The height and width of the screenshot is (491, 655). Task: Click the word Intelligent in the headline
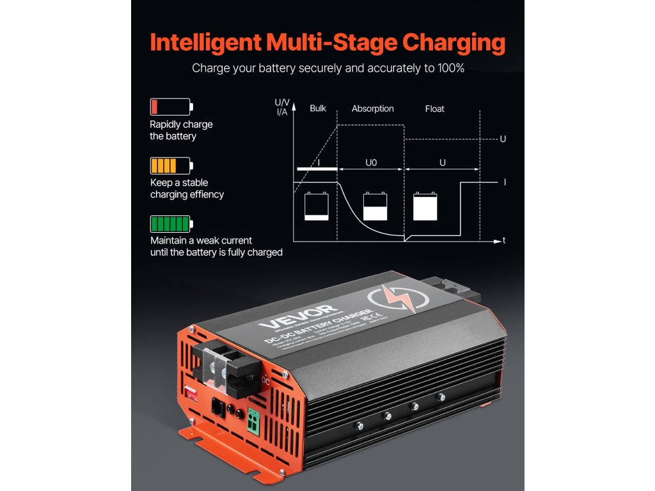point(205,42)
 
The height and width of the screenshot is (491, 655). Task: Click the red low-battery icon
point(171,107)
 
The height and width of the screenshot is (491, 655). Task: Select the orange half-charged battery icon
point(171,166)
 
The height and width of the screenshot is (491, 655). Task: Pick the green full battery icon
point(171,224)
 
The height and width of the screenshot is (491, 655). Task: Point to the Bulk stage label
point(318,109)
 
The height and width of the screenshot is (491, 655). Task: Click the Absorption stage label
point(372,109)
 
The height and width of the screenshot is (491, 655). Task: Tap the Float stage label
point(434,109)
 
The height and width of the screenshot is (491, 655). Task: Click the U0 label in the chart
point(371,163)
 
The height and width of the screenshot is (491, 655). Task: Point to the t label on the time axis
point(505,241)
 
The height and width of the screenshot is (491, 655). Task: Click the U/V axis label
point(281,102)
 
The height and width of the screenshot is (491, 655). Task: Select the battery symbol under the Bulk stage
point(317,207)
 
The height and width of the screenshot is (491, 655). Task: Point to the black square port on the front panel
point(217,407)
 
